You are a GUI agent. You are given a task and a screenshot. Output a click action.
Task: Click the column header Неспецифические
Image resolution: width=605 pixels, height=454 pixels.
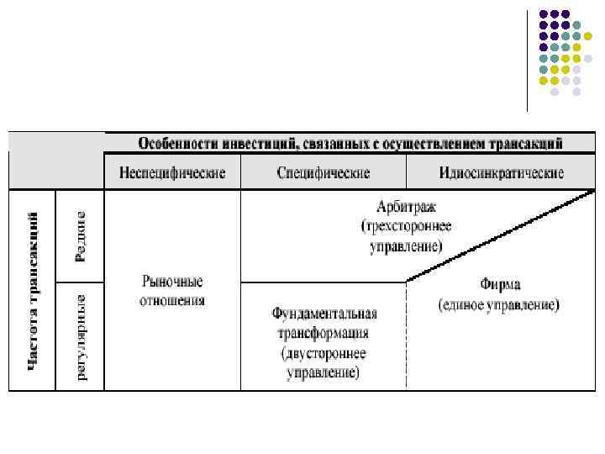point(173,173)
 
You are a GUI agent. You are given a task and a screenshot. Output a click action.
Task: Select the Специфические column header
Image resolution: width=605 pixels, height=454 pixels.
point(324,173)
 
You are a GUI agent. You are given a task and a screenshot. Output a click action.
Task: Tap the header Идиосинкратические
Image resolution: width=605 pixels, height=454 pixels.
point(501,173)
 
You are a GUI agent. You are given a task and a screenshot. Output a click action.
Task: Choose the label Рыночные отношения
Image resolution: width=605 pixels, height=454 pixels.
point(173,291)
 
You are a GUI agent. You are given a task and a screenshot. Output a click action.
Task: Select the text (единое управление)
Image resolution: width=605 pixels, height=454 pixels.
point(499,304)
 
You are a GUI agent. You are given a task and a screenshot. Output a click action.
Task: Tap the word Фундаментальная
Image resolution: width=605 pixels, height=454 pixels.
point(324,314)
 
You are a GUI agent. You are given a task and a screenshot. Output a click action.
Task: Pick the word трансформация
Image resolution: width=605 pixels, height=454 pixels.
point(324,332)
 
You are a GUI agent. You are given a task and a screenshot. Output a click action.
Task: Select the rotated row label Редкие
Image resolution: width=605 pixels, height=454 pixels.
point(81,235)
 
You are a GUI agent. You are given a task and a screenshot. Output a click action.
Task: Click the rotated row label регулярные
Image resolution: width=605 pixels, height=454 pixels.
point(82,336)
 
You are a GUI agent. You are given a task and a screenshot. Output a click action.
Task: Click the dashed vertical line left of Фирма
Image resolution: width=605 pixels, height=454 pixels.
point(407,336)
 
